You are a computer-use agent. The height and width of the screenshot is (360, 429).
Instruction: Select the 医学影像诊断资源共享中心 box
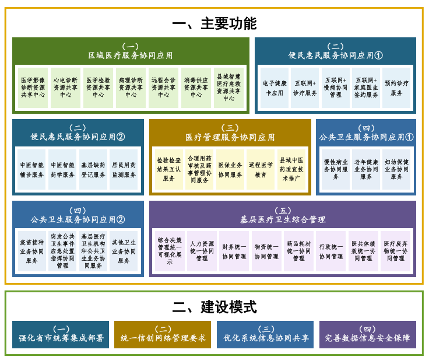pos(33,87)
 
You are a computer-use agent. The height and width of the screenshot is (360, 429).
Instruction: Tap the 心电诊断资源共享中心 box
pos(65,87)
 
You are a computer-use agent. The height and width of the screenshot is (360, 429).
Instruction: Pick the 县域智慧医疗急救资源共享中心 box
pos(228,87)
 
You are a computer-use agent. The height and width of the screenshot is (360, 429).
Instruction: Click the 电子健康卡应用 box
pos(274,88)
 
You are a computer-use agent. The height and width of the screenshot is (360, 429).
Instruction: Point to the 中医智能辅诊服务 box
pos(31,169)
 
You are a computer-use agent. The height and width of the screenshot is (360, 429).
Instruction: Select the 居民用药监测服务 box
pos(124,169)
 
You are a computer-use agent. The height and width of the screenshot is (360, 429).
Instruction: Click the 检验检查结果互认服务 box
pos(168,169)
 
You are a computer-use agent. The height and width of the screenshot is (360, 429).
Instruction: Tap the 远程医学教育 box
pos(261,169)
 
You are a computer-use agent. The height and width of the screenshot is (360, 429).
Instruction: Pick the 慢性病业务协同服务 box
pos(336,169)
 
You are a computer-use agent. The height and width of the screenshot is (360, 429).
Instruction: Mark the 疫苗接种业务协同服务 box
pos(31,251)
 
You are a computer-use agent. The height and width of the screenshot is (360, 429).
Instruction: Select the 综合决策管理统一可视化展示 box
pos(170,251)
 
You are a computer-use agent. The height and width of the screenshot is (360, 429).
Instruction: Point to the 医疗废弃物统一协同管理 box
pos(395,251)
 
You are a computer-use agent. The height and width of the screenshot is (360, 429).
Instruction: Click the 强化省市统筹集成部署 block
pos(61,334)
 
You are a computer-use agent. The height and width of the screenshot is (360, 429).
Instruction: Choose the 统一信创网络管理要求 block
pos(163,334)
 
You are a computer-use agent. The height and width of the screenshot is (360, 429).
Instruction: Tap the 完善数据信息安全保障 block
pos(367,334)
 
